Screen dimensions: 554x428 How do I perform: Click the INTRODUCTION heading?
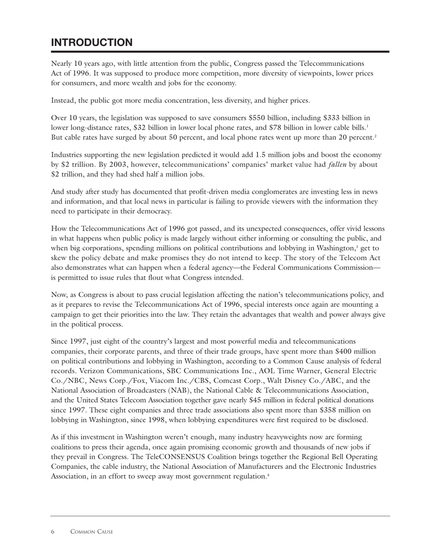coord(92,42)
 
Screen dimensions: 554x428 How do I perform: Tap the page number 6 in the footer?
coord(53,532)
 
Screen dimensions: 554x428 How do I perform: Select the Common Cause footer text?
coord(91,532)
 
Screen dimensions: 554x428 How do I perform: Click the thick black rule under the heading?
coord(220,52)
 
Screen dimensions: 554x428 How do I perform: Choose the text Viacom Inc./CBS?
coord(168,381)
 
